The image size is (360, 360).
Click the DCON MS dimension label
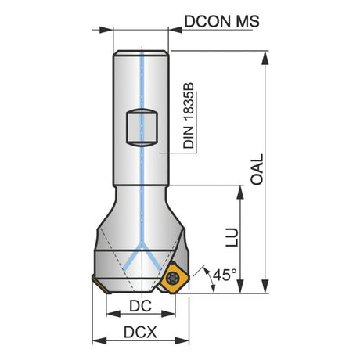pyautogui.click(x=222, y=21)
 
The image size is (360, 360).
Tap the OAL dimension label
pyautogui.click(x=257, y=170)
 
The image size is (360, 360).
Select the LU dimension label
pyautogui.click(x=232, y=237)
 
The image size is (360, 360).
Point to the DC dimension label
pyautogui.click(x=140, y=306)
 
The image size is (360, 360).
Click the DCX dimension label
pyautogui.click(x=140, y=333)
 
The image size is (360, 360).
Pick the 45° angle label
pyautogui.click(x=225, y=275)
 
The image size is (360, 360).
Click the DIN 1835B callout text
pyautogui.click(x=189, y=116)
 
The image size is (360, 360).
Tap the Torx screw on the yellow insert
pyautogui.click(x=172, y=278)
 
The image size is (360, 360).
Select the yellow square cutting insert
pyautogui.click(x=174, y=279)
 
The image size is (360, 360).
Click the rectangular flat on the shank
pyautogui.click(x=142, y=128)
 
